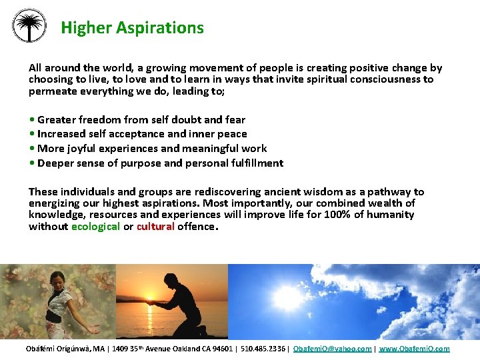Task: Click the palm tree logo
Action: pos(29,26)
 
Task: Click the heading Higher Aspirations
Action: pos(132,28)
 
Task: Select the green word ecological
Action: pos(95,227)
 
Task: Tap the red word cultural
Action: pos(155,227)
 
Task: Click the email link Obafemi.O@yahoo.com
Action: pos(332,349)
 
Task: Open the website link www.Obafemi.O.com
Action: pos(414,349)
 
